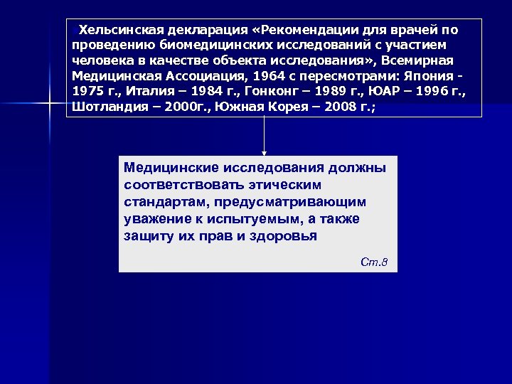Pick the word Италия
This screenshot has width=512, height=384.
151,93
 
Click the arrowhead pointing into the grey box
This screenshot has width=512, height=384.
265,152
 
